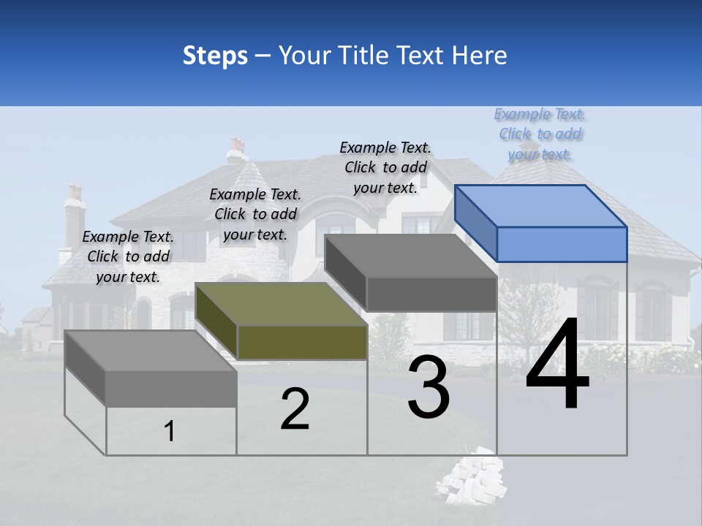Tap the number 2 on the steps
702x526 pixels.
(x=295, y=409)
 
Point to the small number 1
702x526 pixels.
(x=170, y=432)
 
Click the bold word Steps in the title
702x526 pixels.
(x=215, y=55)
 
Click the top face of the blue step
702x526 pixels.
(x=541, y=206)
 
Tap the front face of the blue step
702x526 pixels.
(x=562, y=244)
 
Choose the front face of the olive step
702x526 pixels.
(x=302, y=342)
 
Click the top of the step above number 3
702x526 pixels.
(x=411, y=256)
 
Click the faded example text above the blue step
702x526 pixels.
(x=540, y=134)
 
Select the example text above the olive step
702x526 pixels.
(x=255, y=215)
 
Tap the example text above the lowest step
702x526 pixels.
(x=128, y=257)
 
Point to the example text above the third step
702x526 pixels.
(x=385, y=167)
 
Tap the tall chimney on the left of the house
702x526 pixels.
(x=75, y=212)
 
